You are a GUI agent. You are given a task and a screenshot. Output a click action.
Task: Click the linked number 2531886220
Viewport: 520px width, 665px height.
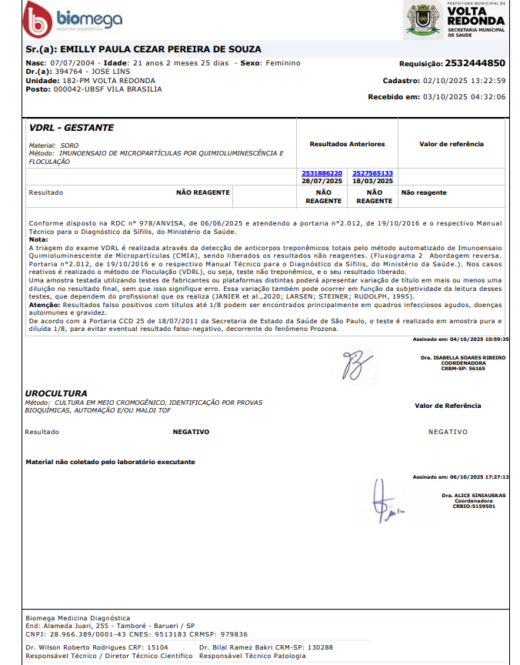322,173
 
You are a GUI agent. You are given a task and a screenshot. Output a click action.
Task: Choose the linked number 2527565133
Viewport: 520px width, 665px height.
373,173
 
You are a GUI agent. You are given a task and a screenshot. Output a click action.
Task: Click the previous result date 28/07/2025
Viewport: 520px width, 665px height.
322,181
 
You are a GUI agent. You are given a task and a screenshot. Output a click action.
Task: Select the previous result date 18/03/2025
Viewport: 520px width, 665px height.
373,181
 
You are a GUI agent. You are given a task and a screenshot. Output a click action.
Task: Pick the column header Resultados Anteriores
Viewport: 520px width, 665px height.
347,144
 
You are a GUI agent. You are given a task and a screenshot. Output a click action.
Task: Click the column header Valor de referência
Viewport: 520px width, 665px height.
451,144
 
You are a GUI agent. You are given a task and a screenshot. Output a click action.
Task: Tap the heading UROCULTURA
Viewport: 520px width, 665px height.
56,393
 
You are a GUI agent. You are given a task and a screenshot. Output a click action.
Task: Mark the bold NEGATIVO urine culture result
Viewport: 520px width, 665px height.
191,432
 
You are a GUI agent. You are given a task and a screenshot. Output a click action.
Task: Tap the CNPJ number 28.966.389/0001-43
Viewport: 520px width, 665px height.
87,634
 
